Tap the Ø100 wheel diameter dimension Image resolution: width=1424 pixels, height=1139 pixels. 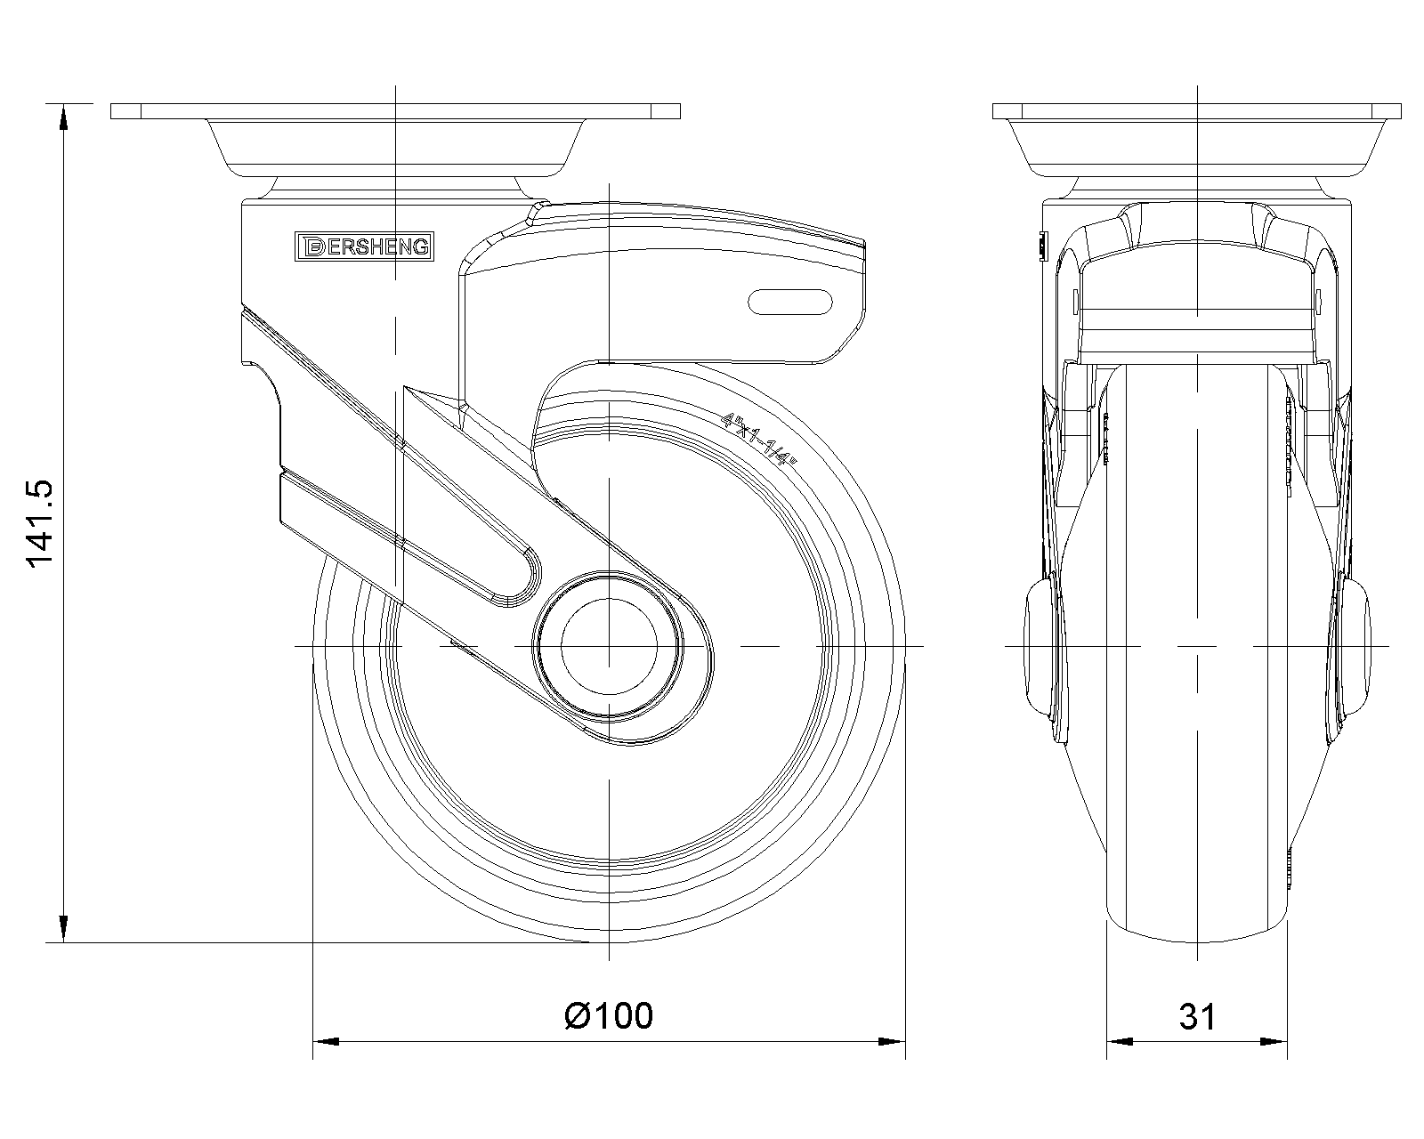[609, 1015]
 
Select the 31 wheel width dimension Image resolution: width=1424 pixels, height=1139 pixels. [1196, 1015]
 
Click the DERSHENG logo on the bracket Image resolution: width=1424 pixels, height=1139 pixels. [364, 246]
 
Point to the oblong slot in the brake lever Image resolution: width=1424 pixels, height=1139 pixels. [790, 302]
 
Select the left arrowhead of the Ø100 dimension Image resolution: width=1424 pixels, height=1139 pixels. [326, 1040]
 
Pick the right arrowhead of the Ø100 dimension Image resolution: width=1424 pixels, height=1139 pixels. [892, 1040]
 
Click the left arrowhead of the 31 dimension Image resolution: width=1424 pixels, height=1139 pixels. [1119, 1040]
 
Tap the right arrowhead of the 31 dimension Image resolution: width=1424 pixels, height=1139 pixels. [1274, 1040]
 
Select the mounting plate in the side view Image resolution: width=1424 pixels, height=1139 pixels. [395, 111]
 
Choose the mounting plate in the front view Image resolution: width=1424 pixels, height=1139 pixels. [1197, 111]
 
